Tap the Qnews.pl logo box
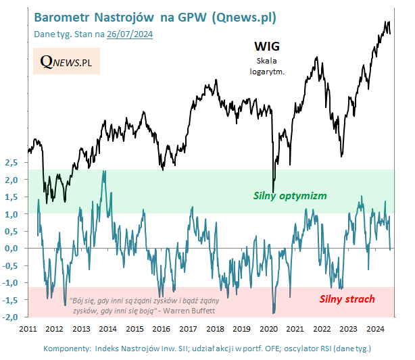coord(66,62)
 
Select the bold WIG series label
coord(266,47)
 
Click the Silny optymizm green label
coord(290,196)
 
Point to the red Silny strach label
coord(346,299)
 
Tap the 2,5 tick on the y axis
coord(10,163)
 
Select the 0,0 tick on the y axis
coord(10,249)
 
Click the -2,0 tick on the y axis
coord(10,317)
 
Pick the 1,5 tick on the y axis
coord(10,197)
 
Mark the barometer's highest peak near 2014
coord(103,172)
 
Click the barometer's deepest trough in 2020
coord(274,312)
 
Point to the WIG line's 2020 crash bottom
coord(273,191)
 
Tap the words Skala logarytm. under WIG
coord(266,64)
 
